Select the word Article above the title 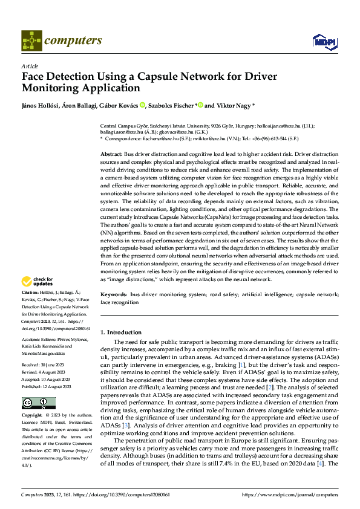(x=30, y=66)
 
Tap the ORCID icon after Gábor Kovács (x=142, y=105)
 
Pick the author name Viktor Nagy (x=234, y=105)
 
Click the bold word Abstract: (x=111, y=155)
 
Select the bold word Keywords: (x=114, y=294)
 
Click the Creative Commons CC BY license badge (x=38, y=386)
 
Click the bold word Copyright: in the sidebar (x=32, y=399)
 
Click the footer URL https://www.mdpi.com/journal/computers (x=289, y=494)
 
